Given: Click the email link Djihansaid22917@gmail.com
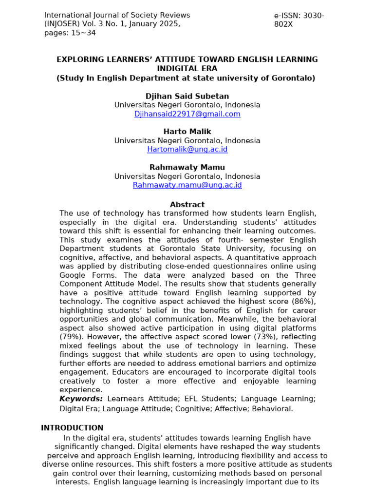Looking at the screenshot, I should pyautogui.click(x=187, y=114).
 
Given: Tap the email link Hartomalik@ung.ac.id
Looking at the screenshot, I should pyautogui.click(x=187, y=150).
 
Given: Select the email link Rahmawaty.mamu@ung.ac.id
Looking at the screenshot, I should pyautogui.click(x=187, y=185).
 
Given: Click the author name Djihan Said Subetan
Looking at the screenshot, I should pyautogui.click(x=187, y=96).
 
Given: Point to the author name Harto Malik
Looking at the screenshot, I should pyautogui.click(x=187, y=132).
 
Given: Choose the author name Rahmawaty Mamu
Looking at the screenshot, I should pyautogui.click(x=187, y=167).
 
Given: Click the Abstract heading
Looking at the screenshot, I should pyautogui.click(x=187, y=205).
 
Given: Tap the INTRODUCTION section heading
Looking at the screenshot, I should pyautogui.click(x=72, y=428).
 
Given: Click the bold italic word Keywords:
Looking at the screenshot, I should pyautogui.click(x=81, y=399).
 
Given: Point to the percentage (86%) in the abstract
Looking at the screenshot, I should pyautogui.click(x=304, y=302).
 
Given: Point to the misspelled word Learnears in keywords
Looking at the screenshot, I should pyautogui.click(x=125, y=399).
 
